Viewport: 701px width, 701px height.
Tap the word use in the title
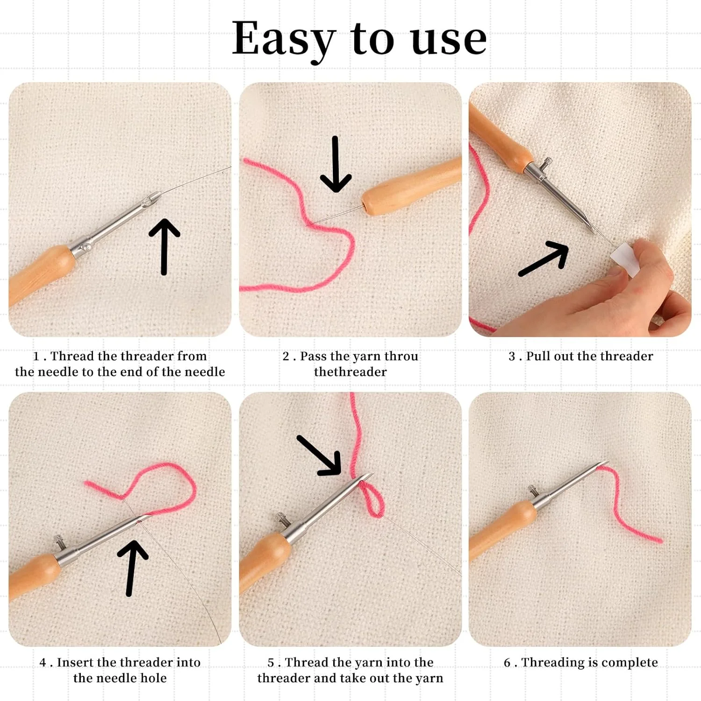[449, 40]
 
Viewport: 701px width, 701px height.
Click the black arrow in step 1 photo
[164, 247]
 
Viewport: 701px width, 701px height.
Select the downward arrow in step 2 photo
[336, 164]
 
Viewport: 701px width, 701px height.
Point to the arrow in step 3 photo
[544, 258]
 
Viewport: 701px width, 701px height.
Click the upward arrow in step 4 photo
[132, 568]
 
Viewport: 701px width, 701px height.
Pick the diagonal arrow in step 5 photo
[320, 456]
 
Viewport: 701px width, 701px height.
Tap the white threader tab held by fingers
[625, 260]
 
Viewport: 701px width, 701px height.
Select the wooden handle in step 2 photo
[411, 186]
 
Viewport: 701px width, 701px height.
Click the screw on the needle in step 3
[545, 165]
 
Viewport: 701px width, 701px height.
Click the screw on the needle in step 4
[59, 541]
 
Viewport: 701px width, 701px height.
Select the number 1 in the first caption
[36, 357]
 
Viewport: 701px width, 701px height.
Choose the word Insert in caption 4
[75, 662]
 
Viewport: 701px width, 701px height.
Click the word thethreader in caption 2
[350, 372]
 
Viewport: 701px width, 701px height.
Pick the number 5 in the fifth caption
[271, 663]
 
